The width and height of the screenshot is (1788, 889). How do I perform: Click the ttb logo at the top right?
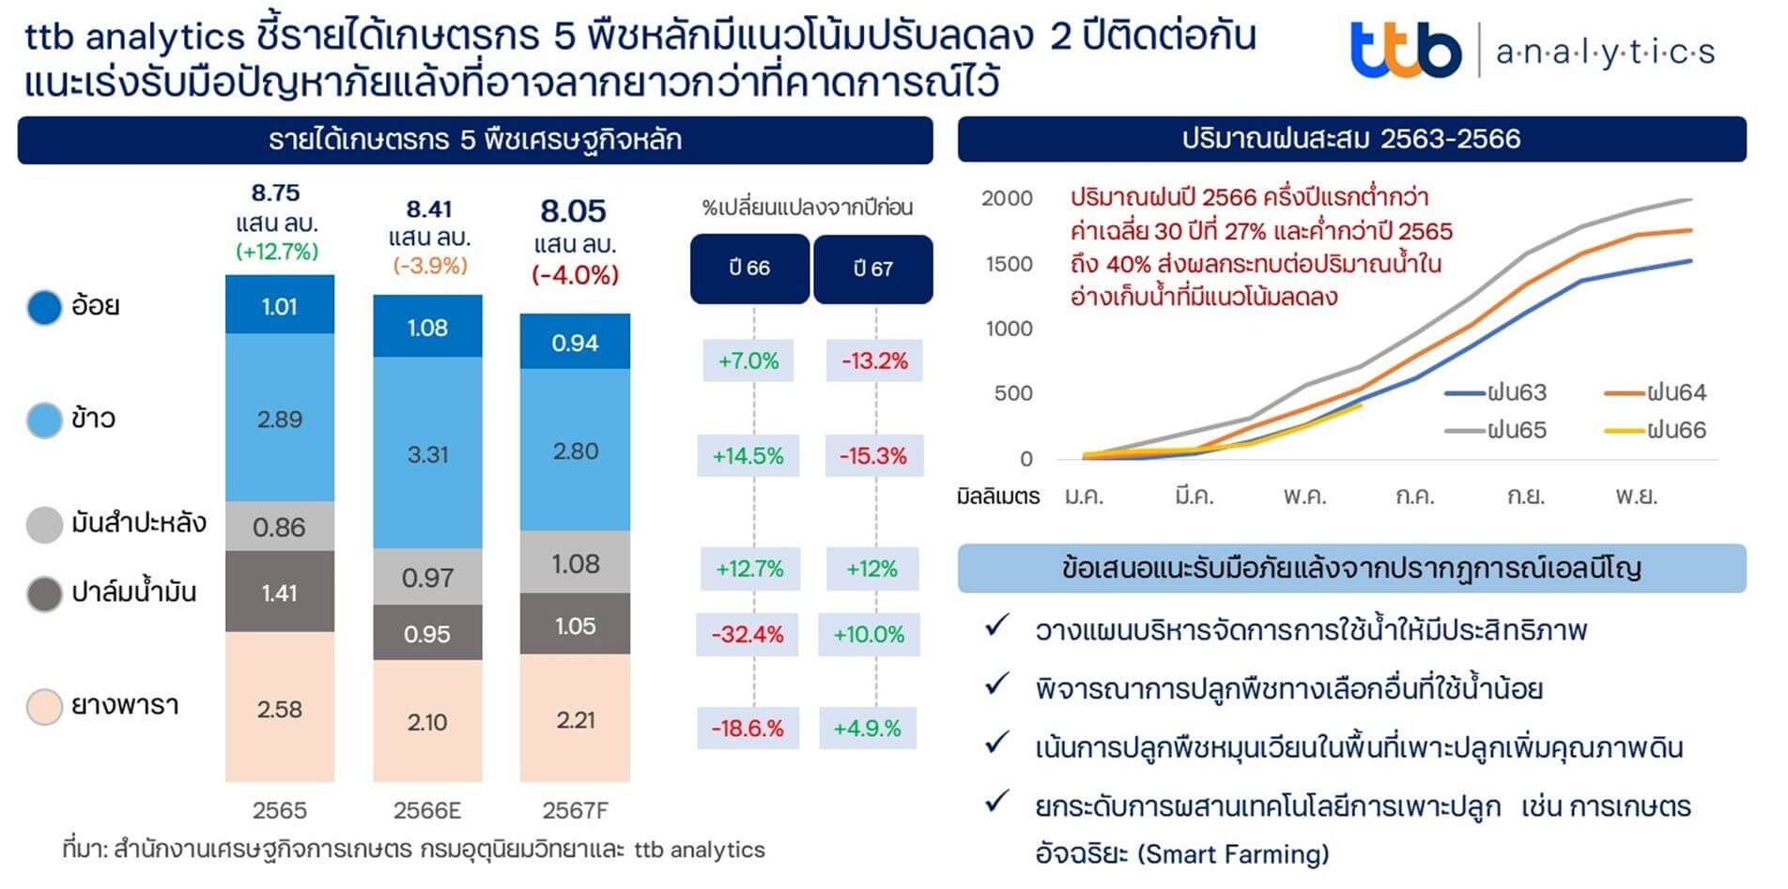coord(1405,51)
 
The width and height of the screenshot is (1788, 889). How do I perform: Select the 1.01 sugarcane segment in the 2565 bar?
coord(279,306)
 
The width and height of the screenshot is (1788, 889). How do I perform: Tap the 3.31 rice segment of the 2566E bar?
coord(427,454)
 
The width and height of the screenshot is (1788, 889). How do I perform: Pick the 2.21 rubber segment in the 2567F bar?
coord(575,720)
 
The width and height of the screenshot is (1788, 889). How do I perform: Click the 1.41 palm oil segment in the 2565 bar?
coord(279,592)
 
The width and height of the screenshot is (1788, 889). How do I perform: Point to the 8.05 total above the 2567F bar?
coord(573,210)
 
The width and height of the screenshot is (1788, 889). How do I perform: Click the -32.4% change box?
coord(748,635)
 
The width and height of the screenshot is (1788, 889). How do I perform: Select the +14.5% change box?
coord(748,456)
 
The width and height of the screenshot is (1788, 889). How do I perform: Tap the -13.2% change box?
coord(874,360)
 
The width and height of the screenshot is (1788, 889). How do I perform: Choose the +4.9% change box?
coord(868,728)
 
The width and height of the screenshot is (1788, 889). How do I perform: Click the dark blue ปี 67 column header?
coord(872,268)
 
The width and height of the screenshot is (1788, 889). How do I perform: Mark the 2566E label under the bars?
coord(427,810)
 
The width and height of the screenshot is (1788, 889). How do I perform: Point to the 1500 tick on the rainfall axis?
coord(1009,264)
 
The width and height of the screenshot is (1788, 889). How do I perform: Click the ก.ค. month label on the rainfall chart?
coord(1414,496)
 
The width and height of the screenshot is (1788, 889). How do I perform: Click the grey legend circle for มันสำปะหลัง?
coord(44,525)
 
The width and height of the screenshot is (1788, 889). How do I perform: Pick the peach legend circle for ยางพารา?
coord(44,707)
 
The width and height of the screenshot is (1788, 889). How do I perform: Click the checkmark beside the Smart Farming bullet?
coord(996,803)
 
